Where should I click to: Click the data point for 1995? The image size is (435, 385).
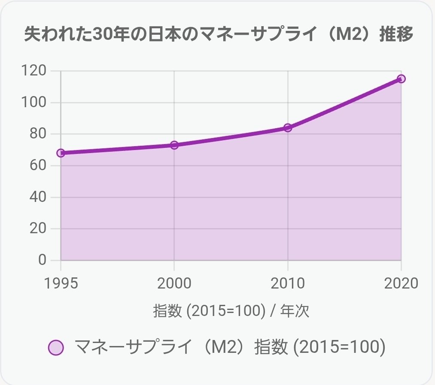61,153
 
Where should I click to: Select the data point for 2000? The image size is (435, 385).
174,145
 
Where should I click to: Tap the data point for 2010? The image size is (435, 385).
288,128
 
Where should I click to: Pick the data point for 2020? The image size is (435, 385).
401,79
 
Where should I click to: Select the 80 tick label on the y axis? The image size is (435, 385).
37,134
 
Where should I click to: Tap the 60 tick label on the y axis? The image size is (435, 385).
37,165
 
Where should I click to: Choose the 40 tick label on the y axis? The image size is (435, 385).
37,197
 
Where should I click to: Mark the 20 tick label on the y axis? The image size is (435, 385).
37,229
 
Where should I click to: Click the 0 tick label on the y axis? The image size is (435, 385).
42,260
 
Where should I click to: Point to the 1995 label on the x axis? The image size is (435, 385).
61,283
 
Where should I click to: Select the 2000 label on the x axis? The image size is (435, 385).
174,283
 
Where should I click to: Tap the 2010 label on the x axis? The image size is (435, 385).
288,283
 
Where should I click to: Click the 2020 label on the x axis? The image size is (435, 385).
400,283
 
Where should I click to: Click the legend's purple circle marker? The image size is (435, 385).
56,348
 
